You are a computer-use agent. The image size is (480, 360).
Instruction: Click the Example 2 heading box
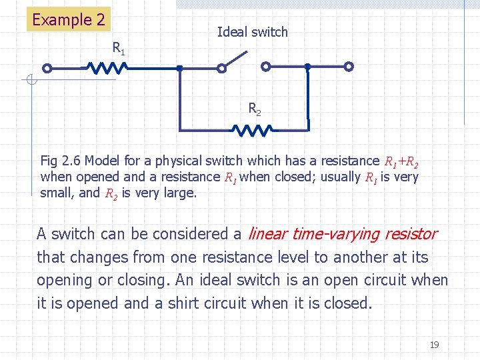point(68,19)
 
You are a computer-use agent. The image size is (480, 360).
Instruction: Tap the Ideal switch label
point(252,32)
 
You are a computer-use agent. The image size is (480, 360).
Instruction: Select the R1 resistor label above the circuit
point(118,48)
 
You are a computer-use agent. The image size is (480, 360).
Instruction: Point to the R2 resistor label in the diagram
point(255,108)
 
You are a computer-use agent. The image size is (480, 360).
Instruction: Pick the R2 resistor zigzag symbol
point(251,129)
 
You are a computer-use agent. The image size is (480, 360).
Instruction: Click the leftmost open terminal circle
point(47,67)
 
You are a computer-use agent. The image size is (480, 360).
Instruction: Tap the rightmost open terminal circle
point(348,67)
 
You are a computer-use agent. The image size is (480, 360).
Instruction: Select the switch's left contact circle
point(221,67)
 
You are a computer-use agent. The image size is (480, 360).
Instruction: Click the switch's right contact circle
point(265,67)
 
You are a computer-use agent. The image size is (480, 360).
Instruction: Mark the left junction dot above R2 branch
point(179,67)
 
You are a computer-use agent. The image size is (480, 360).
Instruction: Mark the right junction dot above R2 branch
point(307,67)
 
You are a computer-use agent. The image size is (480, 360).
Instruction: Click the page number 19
point(434,345)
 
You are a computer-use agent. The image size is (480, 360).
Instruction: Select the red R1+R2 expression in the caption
point(401,161)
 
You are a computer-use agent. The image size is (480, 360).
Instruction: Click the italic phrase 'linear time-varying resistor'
point(342,234)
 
